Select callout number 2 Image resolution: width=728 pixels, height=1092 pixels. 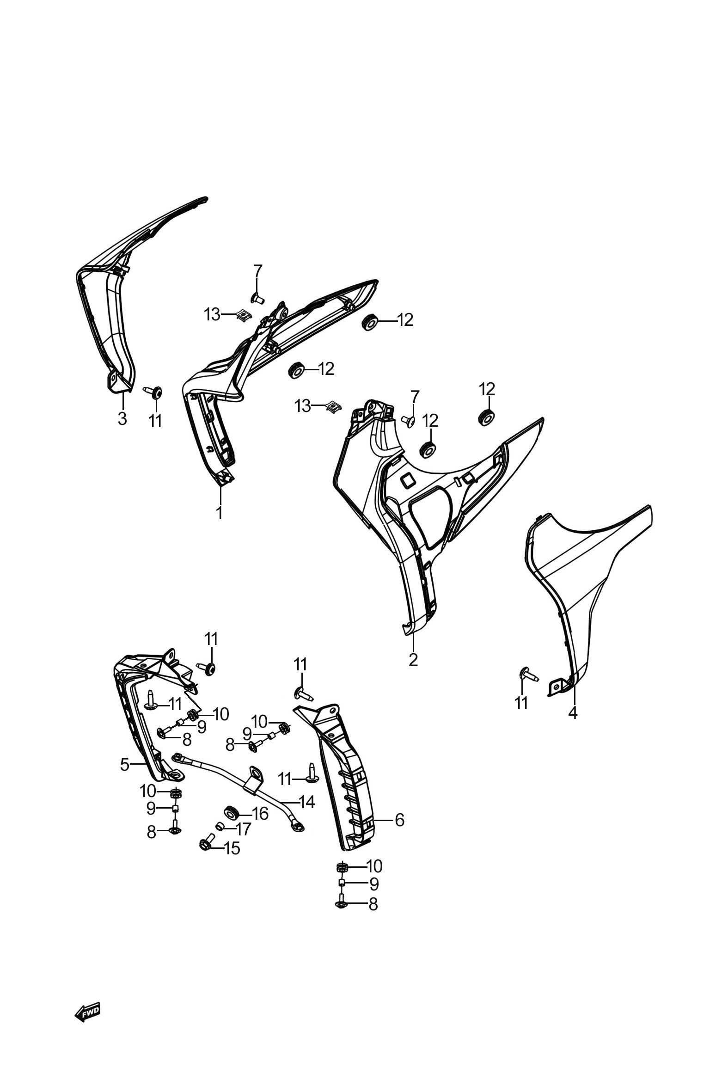click(413, 659)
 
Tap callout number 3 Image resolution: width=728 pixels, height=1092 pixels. click(122, 418)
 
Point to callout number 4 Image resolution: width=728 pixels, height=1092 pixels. click(573, 712)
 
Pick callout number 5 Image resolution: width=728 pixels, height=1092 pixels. click(124, 764)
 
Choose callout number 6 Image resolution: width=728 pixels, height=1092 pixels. click(400, 820)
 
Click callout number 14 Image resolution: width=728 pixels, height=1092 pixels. click(307, 802)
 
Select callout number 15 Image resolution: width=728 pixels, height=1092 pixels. click(232, 848)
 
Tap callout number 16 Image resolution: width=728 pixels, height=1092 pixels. click(260, 813)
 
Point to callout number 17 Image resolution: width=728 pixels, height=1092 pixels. click(243, 829)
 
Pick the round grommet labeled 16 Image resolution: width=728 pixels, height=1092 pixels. click(231, 812)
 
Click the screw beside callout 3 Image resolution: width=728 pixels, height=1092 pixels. click(153, 392)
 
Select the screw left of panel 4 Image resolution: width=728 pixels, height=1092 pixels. click(528, 674)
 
